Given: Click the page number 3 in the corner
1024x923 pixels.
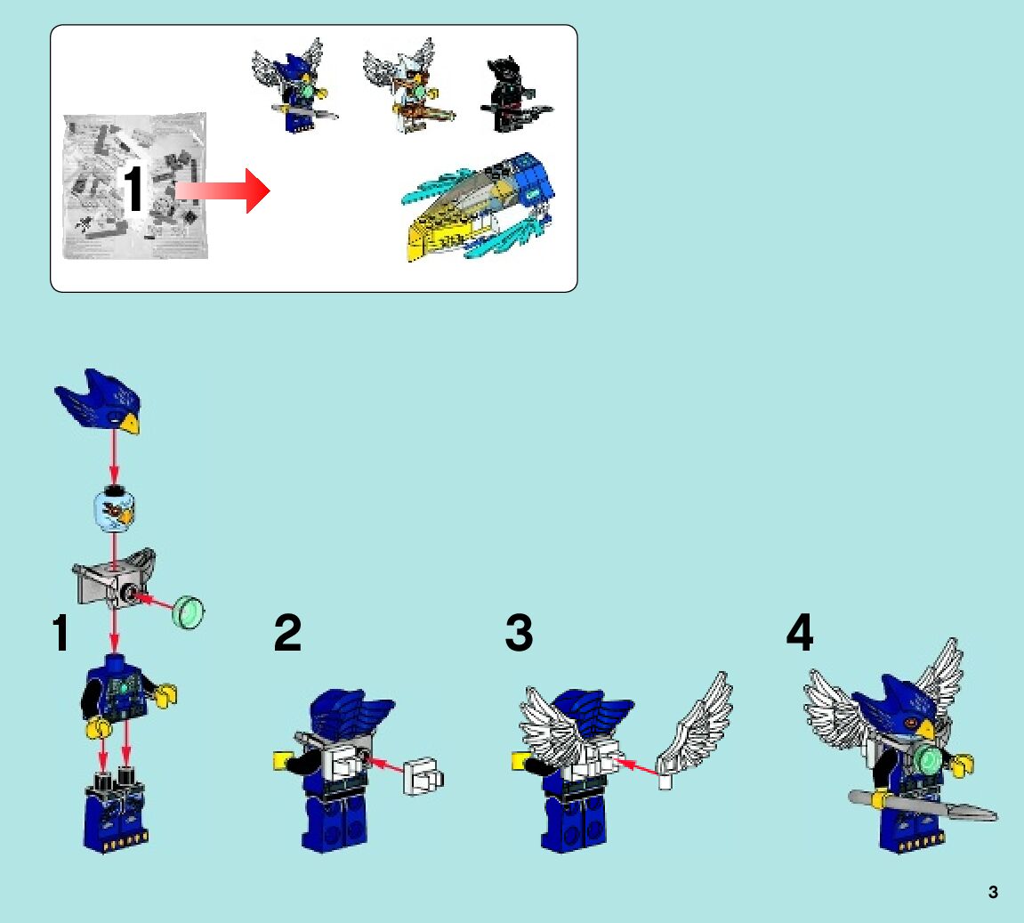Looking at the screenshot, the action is pos(993,893).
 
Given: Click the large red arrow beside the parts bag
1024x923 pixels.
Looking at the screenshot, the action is pos(222,190).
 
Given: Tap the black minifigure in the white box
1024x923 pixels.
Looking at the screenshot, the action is pos(516,94).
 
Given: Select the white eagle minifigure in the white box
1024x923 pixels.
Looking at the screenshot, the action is pos(408,85).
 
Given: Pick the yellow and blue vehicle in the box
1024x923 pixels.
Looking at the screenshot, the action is pos(478,207).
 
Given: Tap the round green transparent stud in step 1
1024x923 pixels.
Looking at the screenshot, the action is pos(189,612).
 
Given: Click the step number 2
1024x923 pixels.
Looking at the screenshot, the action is pos(287,632).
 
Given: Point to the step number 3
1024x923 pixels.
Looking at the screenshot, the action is pos(520,632).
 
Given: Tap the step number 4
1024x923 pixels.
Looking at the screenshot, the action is pos(800,632).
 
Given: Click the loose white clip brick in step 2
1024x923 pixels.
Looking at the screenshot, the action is pos(423,776).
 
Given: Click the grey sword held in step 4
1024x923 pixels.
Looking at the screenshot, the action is pos(922,805).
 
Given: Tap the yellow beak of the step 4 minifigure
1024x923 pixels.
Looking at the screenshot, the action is pos(927,728).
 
